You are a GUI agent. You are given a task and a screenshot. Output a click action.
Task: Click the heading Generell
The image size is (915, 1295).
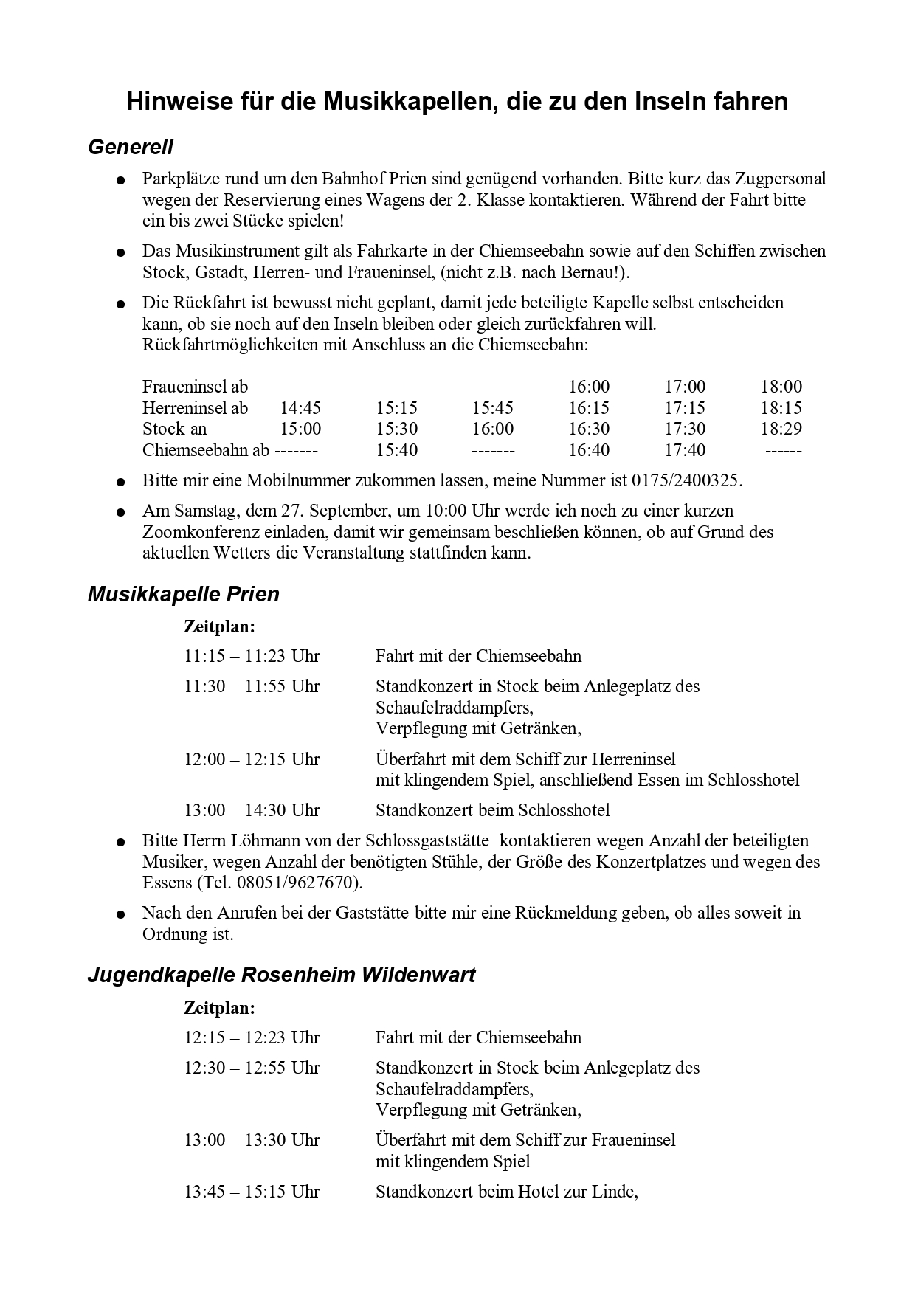tap(131, 148)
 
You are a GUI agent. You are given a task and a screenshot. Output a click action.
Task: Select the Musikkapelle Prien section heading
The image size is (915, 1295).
tap(184, 594)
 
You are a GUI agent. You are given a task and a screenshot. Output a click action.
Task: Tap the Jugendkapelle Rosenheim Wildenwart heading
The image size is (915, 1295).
tap(281, 975)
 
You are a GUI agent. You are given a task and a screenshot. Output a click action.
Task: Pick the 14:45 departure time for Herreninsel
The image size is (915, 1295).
tap(300, 408)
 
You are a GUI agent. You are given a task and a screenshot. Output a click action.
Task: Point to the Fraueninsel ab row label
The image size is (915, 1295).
tap(195, 387)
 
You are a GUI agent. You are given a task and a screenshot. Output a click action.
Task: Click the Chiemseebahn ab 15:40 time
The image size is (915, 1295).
tap(396, 450)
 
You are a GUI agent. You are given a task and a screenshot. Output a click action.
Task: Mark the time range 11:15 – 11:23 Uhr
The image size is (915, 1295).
tap(252, 656)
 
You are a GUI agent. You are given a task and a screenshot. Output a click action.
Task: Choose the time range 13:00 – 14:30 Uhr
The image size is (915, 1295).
tap(252, 810)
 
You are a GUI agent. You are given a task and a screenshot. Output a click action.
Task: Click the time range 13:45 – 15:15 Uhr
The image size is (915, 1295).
tap(252, 1191)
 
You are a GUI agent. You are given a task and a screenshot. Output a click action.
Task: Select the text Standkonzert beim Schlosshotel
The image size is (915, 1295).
tap(492, 810)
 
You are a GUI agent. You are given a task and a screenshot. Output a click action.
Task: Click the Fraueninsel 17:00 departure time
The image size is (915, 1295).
tap(685, 387)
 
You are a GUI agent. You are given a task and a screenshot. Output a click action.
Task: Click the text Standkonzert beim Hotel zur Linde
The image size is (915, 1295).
tap(506, 1191)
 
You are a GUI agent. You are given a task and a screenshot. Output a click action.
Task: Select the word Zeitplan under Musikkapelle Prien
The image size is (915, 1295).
tap(219, 626)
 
